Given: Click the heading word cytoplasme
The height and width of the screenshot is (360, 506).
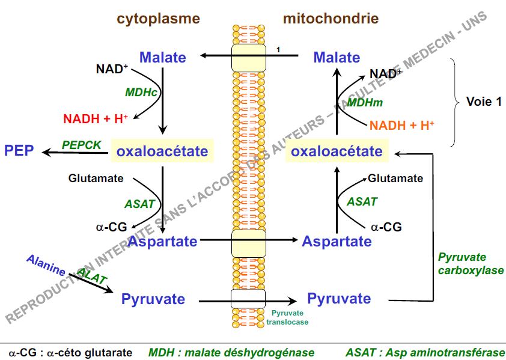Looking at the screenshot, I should (158, 19).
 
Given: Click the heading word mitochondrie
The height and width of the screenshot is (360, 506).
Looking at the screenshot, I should (331, 19).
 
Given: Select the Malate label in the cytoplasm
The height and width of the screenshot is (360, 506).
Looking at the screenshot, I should (163, 58).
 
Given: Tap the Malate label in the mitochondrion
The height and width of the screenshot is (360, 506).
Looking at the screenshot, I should (337, 58).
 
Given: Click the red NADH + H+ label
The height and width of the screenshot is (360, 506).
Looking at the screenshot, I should (96, 118).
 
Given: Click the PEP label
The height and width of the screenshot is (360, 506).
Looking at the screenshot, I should (19, 150).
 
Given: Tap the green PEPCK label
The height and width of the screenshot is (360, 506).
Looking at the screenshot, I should (82, 145).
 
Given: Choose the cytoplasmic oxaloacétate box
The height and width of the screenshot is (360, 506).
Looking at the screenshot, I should (162, 151).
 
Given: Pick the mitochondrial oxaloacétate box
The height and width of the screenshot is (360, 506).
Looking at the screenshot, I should (337, 151).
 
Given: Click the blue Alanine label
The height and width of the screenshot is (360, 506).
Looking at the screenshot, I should (46, 266).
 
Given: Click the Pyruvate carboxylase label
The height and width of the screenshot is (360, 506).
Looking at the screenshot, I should (471, 264).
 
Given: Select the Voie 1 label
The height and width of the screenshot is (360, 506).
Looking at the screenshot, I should (484, 102).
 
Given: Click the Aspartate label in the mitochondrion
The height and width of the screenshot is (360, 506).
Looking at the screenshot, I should (337, 242).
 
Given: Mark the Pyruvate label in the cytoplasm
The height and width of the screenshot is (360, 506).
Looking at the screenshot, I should (153, 299).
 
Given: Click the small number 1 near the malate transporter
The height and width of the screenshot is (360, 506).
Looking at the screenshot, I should (278, 49).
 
